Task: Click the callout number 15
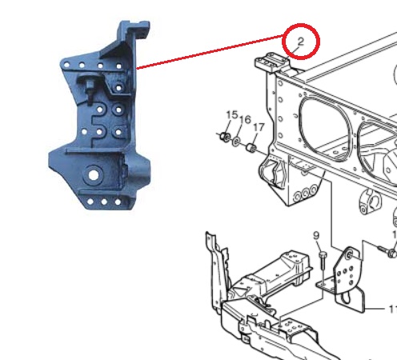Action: click(x=231, y=115)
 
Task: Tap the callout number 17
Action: click(x=259, y=126)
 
